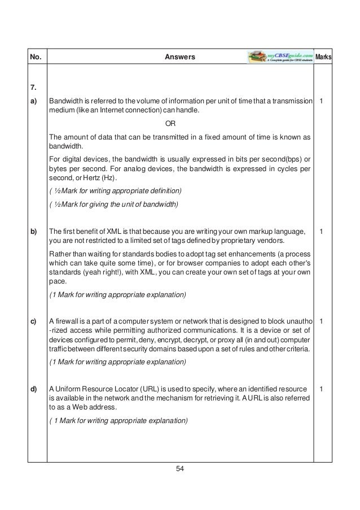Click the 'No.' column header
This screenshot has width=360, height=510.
coord(35,57)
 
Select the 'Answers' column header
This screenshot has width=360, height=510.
coord(179,57)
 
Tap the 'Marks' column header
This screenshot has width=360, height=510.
coord(323,58)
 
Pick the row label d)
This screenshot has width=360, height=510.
coord(34,389)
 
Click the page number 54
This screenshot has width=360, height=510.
coord(180,468)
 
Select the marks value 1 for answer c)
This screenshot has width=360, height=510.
coord(321,322)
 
